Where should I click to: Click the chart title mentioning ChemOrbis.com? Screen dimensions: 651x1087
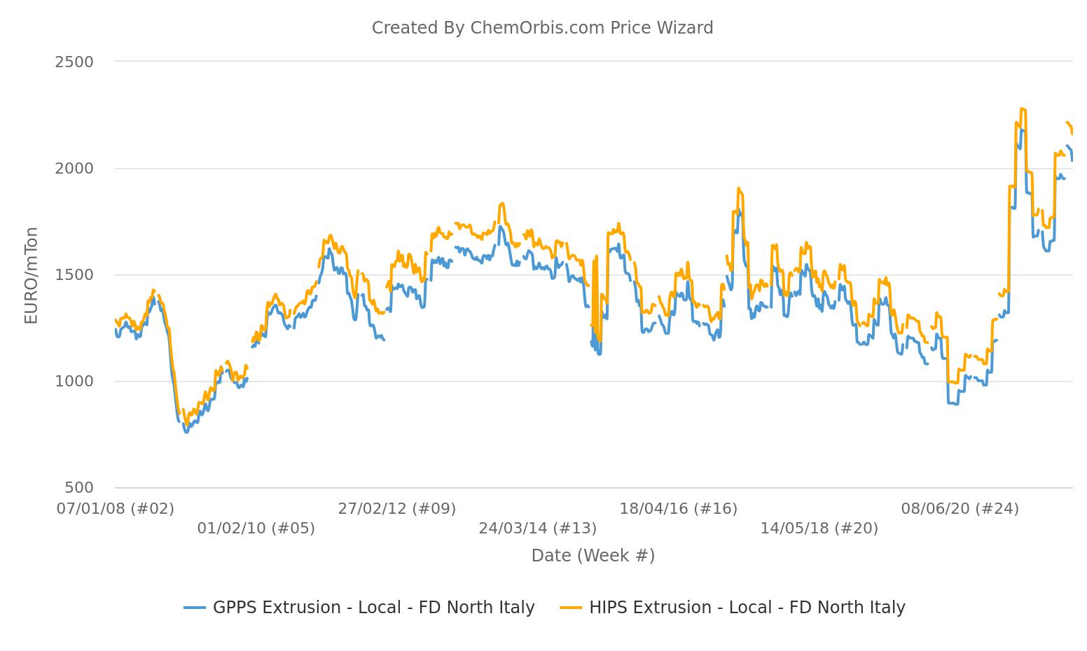(x=542, y=28)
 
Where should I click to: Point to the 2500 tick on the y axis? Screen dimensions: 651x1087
(x=74, y=62)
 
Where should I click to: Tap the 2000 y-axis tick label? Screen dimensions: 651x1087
(x=74, y=169)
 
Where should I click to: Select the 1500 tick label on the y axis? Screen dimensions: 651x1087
(x=74, y=275)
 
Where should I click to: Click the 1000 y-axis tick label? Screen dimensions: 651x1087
(x=74, y=381)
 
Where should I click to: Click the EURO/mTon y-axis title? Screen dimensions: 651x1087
(x=31, y=275)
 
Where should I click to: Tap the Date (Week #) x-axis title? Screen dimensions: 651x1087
(x=593, y=556)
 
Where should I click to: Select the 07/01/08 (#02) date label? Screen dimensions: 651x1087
(x=116, y=509)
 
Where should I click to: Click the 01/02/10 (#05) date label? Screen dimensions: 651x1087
(x=256, y=528)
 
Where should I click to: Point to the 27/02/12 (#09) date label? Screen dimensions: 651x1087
(x=397, y=509)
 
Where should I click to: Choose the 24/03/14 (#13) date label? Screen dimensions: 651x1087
(x=538, y=528)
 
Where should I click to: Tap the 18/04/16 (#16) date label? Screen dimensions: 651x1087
(x=679, y=509)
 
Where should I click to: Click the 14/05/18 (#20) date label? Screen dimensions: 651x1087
(x=819, y=528)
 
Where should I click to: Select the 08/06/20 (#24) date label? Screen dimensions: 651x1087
(x=960, y=509)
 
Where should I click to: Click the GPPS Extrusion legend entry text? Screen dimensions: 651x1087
(x=373, y=608)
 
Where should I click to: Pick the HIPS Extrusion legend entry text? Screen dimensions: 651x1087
(x=747, y=608)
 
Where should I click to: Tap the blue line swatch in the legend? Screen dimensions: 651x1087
(x=195, y=608)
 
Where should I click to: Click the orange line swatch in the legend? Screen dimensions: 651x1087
(x=572, y=608)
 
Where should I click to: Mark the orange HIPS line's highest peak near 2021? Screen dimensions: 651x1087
(x=1023, y=108)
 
